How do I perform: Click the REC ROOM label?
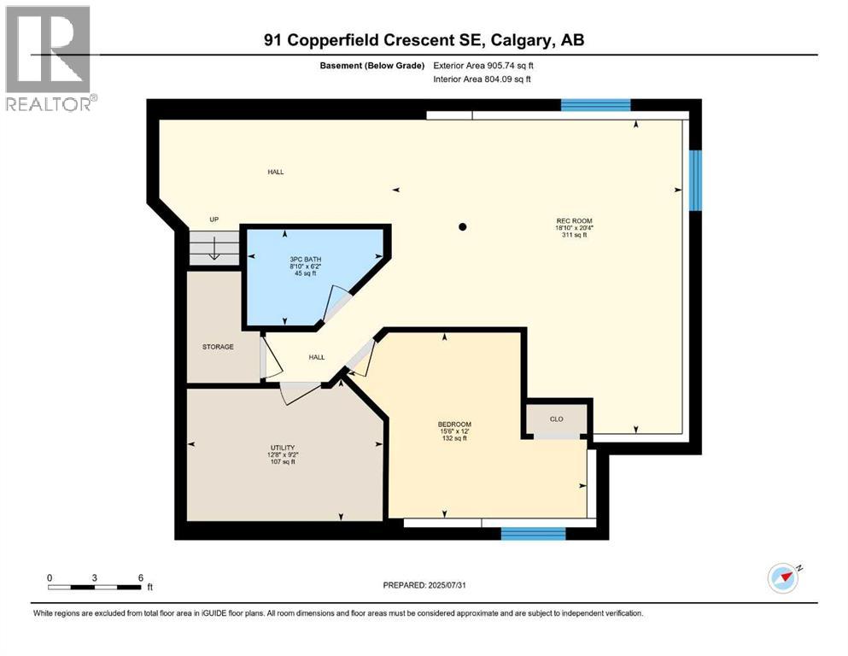[x=574, y=220]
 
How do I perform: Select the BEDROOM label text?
[x=454, y=425]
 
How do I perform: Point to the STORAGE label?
[x=218, y=347]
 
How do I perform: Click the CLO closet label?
[x=556, y=419]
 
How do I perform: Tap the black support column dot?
[x=463, y=227]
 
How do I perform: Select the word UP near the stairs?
[x=214, y=219]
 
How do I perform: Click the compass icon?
[x=783, y=578]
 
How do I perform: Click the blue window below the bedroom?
[x=533, y=534]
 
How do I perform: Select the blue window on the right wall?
[x=695, y=180]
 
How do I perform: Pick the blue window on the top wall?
[x=595, y=106]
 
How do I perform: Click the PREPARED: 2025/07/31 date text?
[x=424, y=585]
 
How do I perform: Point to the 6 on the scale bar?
[x=140, y=577]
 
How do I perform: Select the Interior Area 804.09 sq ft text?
[x=482, y=79]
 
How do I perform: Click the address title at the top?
[x=424, y=40]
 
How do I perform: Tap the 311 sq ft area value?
[x=574, y=235]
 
